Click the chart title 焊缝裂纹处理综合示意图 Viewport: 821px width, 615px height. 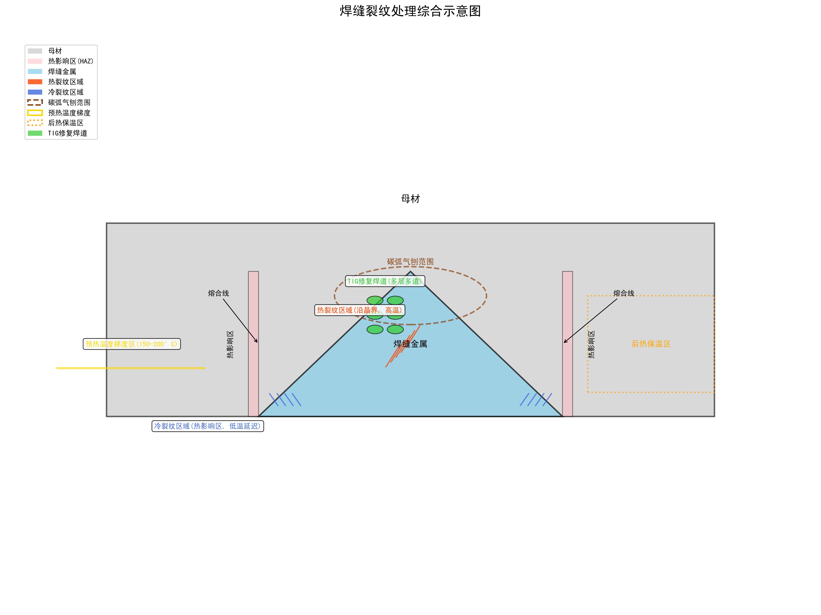(410, 11)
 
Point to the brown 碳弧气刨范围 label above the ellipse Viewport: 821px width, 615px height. (410, 262)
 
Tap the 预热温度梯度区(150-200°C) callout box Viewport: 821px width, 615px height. (132, 344)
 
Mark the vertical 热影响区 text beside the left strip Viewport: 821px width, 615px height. (230, 344)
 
